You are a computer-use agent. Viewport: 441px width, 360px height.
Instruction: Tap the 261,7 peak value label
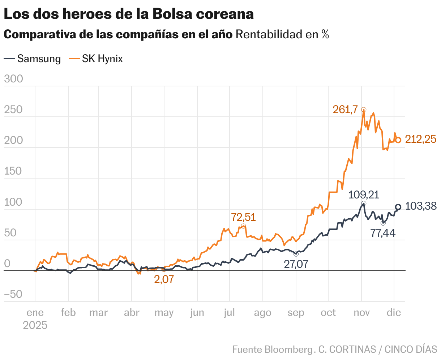tap(345, 110)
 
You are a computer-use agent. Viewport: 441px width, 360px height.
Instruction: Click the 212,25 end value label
tap(420, 139)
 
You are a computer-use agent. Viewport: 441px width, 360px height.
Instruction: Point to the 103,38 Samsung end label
tap(421, 206)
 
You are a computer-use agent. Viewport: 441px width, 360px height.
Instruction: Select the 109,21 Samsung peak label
tap(364, 195)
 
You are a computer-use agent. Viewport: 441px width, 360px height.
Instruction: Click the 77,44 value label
tap(383, 233)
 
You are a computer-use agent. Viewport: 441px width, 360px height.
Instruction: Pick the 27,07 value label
tap(296, 264)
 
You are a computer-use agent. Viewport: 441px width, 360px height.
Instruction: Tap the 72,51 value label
tap(243, 217)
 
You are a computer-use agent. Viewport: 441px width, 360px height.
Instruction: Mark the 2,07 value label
tap(164, 279)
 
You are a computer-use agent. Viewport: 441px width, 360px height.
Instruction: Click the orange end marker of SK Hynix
tap(398, 140)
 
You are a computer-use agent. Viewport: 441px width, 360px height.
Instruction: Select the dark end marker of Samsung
tap(398, 207)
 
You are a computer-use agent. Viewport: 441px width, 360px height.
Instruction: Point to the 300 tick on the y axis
tap(13, 79)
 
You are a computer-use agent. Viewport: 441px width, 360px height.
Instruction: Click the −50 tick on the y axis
tap(13, 295)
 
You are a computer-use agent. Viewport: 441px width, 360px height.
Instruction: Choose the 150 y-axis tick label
tap(13, 171)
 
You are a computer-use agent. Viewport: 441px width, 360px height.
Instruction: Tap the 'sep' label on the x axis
tap(296, 313)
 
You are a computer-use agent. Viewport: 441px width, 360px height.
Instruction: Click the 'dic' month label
tap(394, 313)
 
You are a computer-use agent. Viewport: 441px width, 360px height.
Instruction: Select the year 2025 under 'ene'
tap(35, 325)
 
